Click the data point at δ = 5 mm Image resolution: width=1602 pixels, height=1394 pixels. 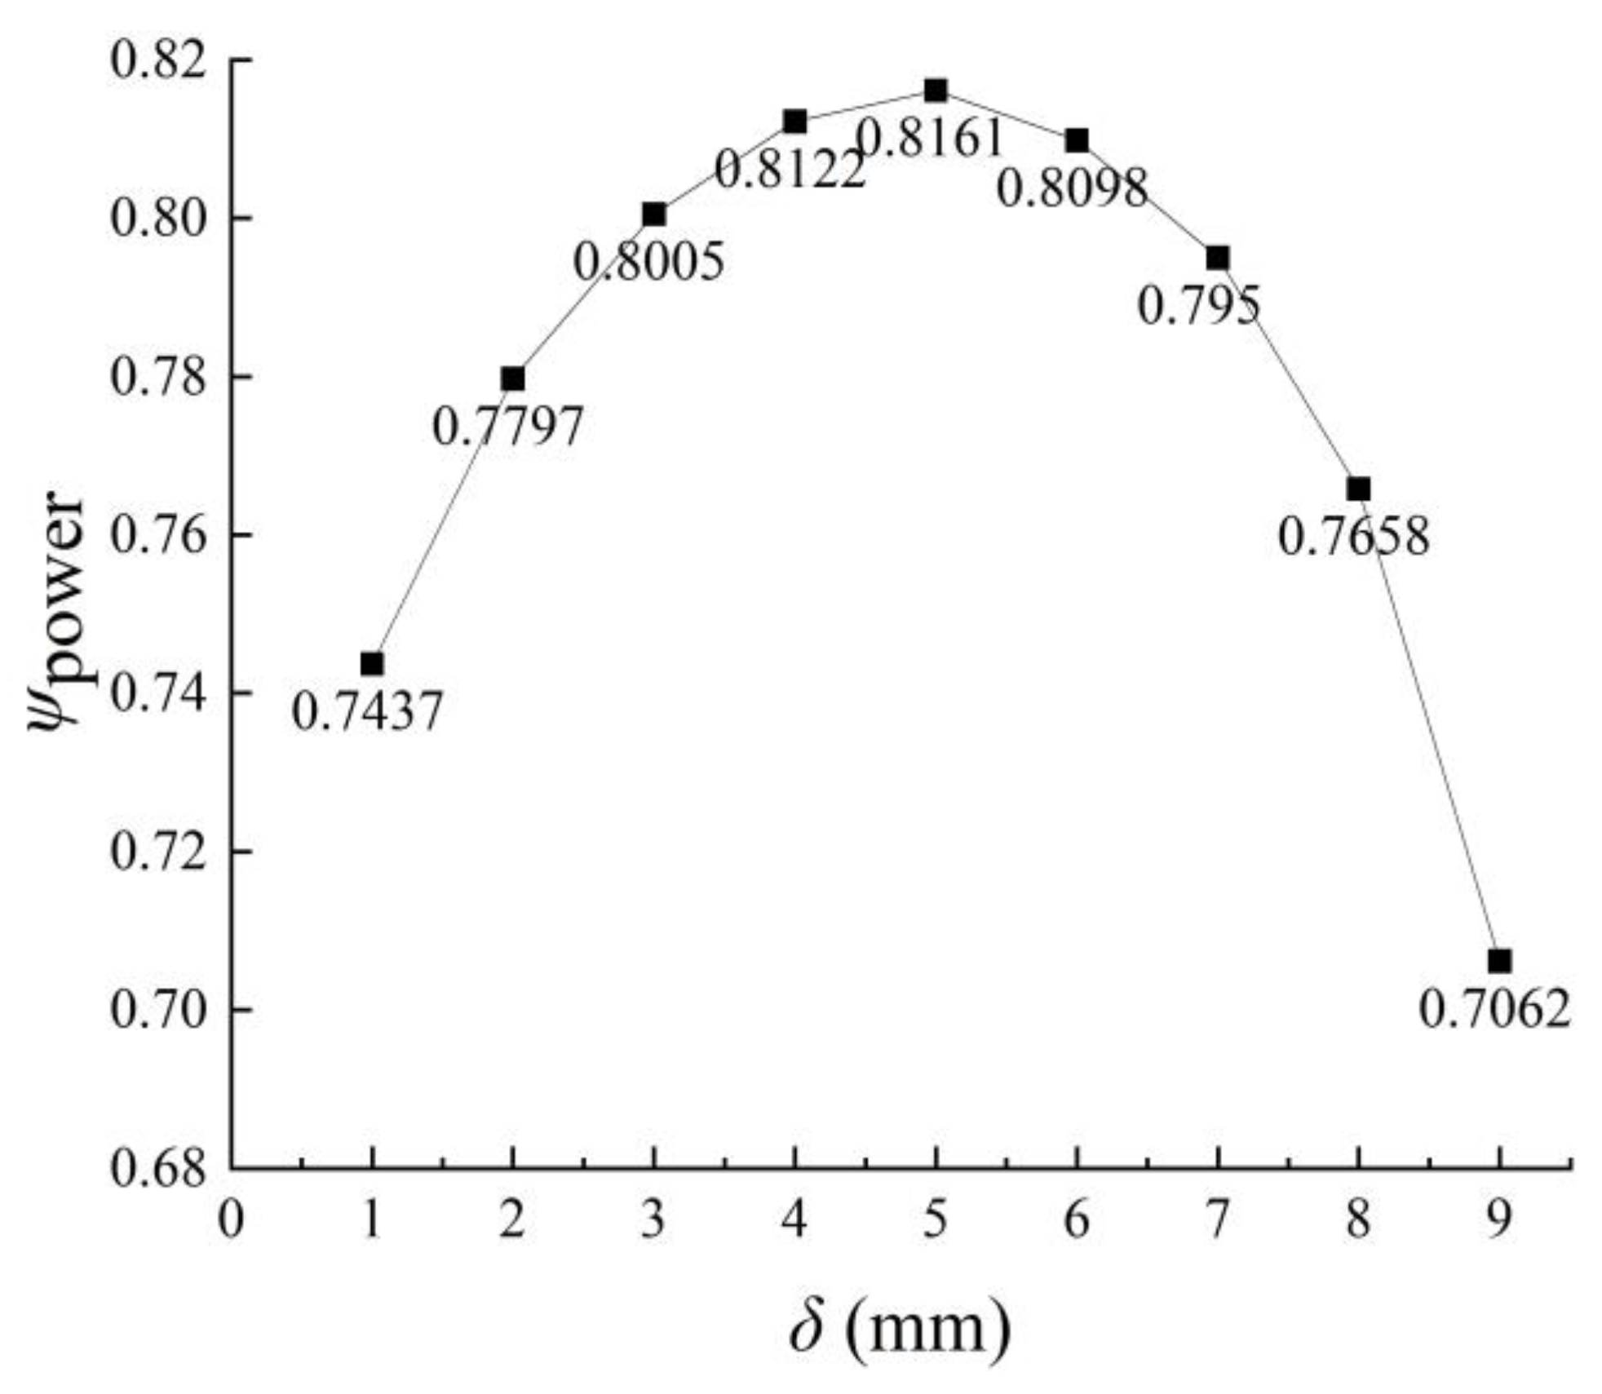pos(936,90)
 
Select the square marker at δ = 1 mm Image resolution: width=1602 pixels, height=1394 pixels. pos(372,663)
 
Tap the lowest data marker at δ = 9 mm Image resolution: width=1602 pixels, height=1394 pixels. pos(1499,961)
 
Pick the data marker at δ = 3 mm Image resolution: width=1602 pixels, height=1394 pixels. pos(653,215)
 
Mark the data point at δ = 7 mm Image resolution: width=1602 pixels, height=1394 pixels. pos(1218,258)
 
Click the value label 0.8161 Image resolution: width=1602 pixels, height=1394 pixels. pos(930,139)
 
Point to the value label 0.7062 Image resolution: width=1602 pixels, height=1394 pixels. pos(1494,1010)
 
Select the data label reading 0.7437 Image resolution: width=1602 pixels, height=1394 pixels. pos(367,711)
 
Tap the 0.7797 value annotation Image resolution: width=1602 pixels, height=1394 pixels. pos(507,427)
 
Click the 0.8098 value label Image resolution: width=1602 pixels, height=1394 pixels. pos(1072,188)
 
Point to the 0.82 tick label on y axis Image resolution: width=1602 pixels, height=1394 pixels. pos(159,61)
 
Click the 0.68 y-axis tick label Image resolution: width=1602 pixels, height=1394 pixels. pos(159,1168)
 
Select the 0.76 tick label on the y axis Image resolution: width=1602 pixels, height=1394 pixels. pos(159,536)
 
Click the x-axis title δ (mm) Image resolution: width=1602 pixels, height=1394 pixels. pos(900,1327)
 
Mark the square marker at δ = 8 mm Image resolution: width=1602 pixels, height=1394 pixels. pos(1359,489)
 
